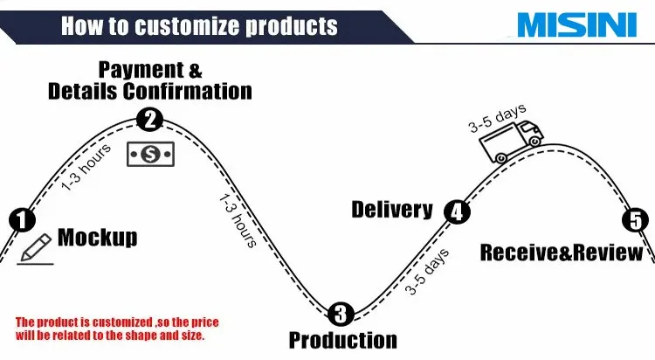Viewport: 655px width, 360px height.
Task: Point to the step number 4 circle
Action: [456, 211]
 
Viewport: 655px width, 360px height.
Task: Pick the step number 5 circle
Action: [634, 220]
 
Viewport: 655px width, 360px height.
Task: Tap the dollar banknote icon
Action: [150, 154]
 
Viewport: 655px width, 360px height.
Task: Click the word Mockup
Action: [97, 237]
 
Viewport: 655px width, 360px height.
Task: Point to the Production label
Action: [342, 340]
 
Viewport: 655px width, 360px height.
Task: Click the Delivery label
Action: [392, 210]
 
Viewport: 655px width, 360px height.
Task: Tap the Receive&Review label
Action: [562, 253]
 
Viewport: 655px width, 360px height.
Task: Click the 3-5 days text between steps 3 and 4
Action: [428, 272]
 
